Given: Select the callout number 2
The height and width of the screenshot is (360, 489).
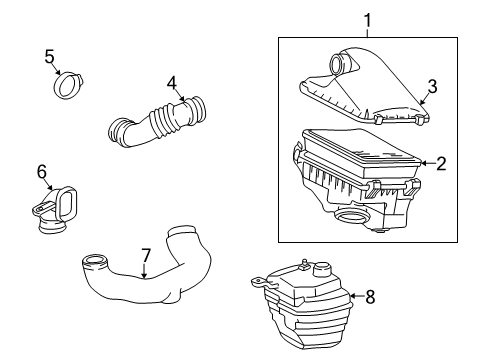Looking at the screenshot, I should click(440, 162).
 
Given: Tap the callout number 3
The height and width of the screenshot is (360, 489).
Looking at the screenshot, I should click(432, 88).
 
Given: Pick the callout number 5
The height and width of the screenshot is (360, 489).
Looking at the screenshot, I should click(49, 56).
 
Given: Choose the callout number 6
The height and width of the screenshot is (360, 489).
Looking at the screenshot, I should click(42, 172).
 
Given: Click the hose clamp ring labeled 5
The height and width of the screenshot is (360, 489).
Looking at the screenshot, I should click(69, 85).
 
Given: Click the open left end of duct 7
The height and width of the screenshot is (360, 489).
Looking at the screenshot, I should click(96, 263).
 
